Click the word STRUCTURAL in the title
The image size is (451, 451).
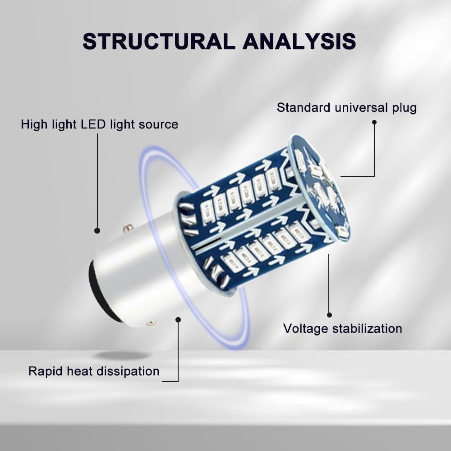click(158, 41)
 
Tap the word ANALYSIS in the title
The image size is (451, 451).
click(299, 41)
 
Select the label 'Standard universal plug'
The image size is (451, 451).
click(346, 108)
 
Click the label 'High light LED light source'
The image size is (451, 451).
click(99, 124)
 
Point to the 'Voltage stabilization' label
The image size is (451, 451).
click(342, 328)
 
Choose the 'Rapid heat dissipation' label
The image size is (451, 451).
click(94, 371)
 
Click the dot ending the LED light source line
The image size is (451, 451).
click(97, 230)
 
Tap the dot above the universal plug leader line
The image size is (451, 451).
click(374, 122)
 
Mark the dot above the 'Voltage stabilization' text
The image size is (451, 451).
click(329, 315)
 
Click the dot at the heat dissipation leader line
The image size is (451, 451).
click(178, 319)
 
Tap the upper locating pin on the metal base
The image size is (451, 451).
click(129, 228)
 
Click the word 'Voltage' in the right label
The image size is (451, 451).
click(306, 328)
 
